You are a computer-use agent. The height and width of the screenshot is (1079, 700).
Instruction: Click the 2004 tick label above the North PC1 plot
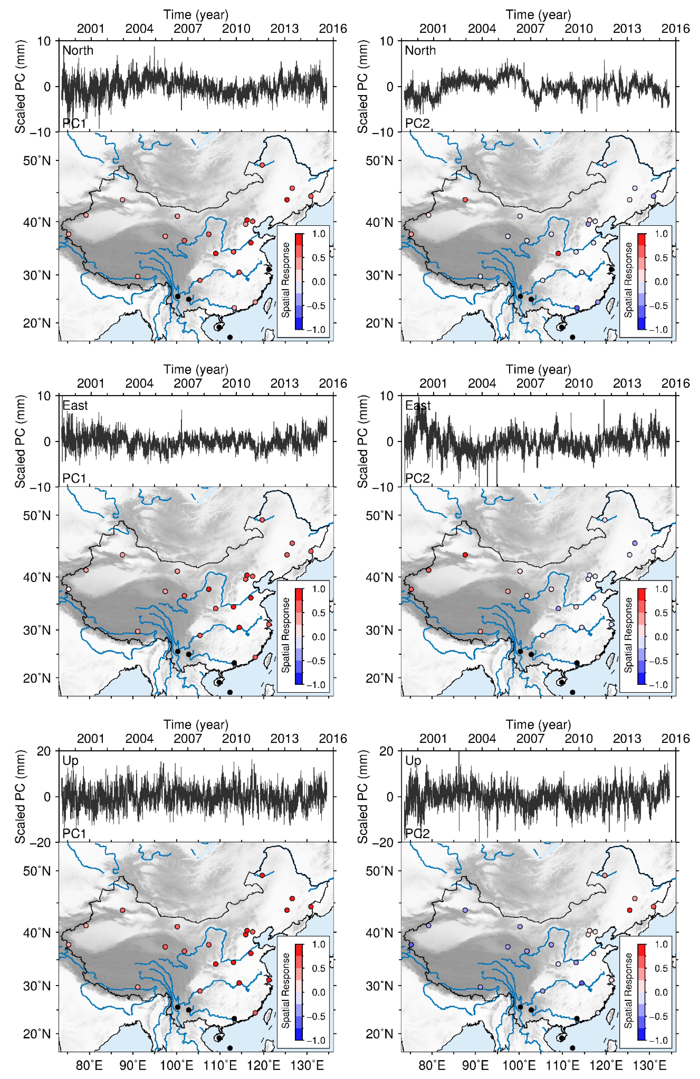click(139, 29)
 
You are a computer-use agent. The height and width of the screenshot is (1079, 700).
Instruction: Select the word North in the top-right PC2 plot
click(420, 50)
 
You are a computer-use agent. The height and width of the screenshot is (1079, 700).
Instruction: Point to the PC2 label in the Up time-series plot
click(417, 833)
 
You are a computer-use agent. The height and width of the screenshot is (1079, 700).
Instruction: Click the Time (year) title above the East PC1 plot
click(196, 370)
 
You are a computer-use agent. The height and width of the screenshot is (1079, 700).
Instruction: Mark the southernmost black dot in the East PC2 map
click(572, 692)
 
